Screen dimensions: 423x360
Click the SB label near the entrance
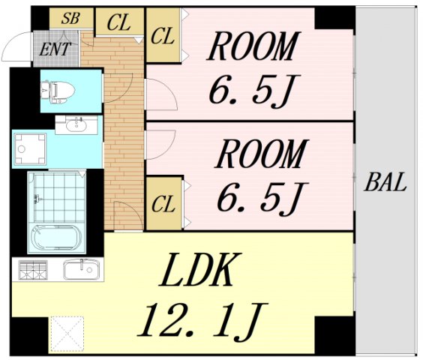click(70, 18)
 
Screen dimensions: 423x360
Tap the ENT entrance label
click(55, 49)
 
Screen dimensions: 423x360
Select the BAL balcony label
click(385, 182)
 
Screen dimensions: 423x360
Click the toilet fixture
click(58, 91)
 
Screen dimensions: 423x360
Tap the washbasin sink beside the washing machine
click(76, 125)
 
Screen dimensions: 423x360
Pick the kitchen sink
click(82, 269)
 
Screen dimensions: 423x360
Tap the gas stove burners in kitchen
click(33, 270)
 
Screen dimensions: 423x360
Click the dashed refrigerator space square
click(67, 333)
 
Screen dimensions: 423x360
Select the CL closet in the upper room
click(163, 36)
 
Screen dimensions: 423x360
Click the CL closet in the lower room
click(163, 204)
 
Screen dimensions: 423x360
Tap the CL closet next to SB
click(119, 22)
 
